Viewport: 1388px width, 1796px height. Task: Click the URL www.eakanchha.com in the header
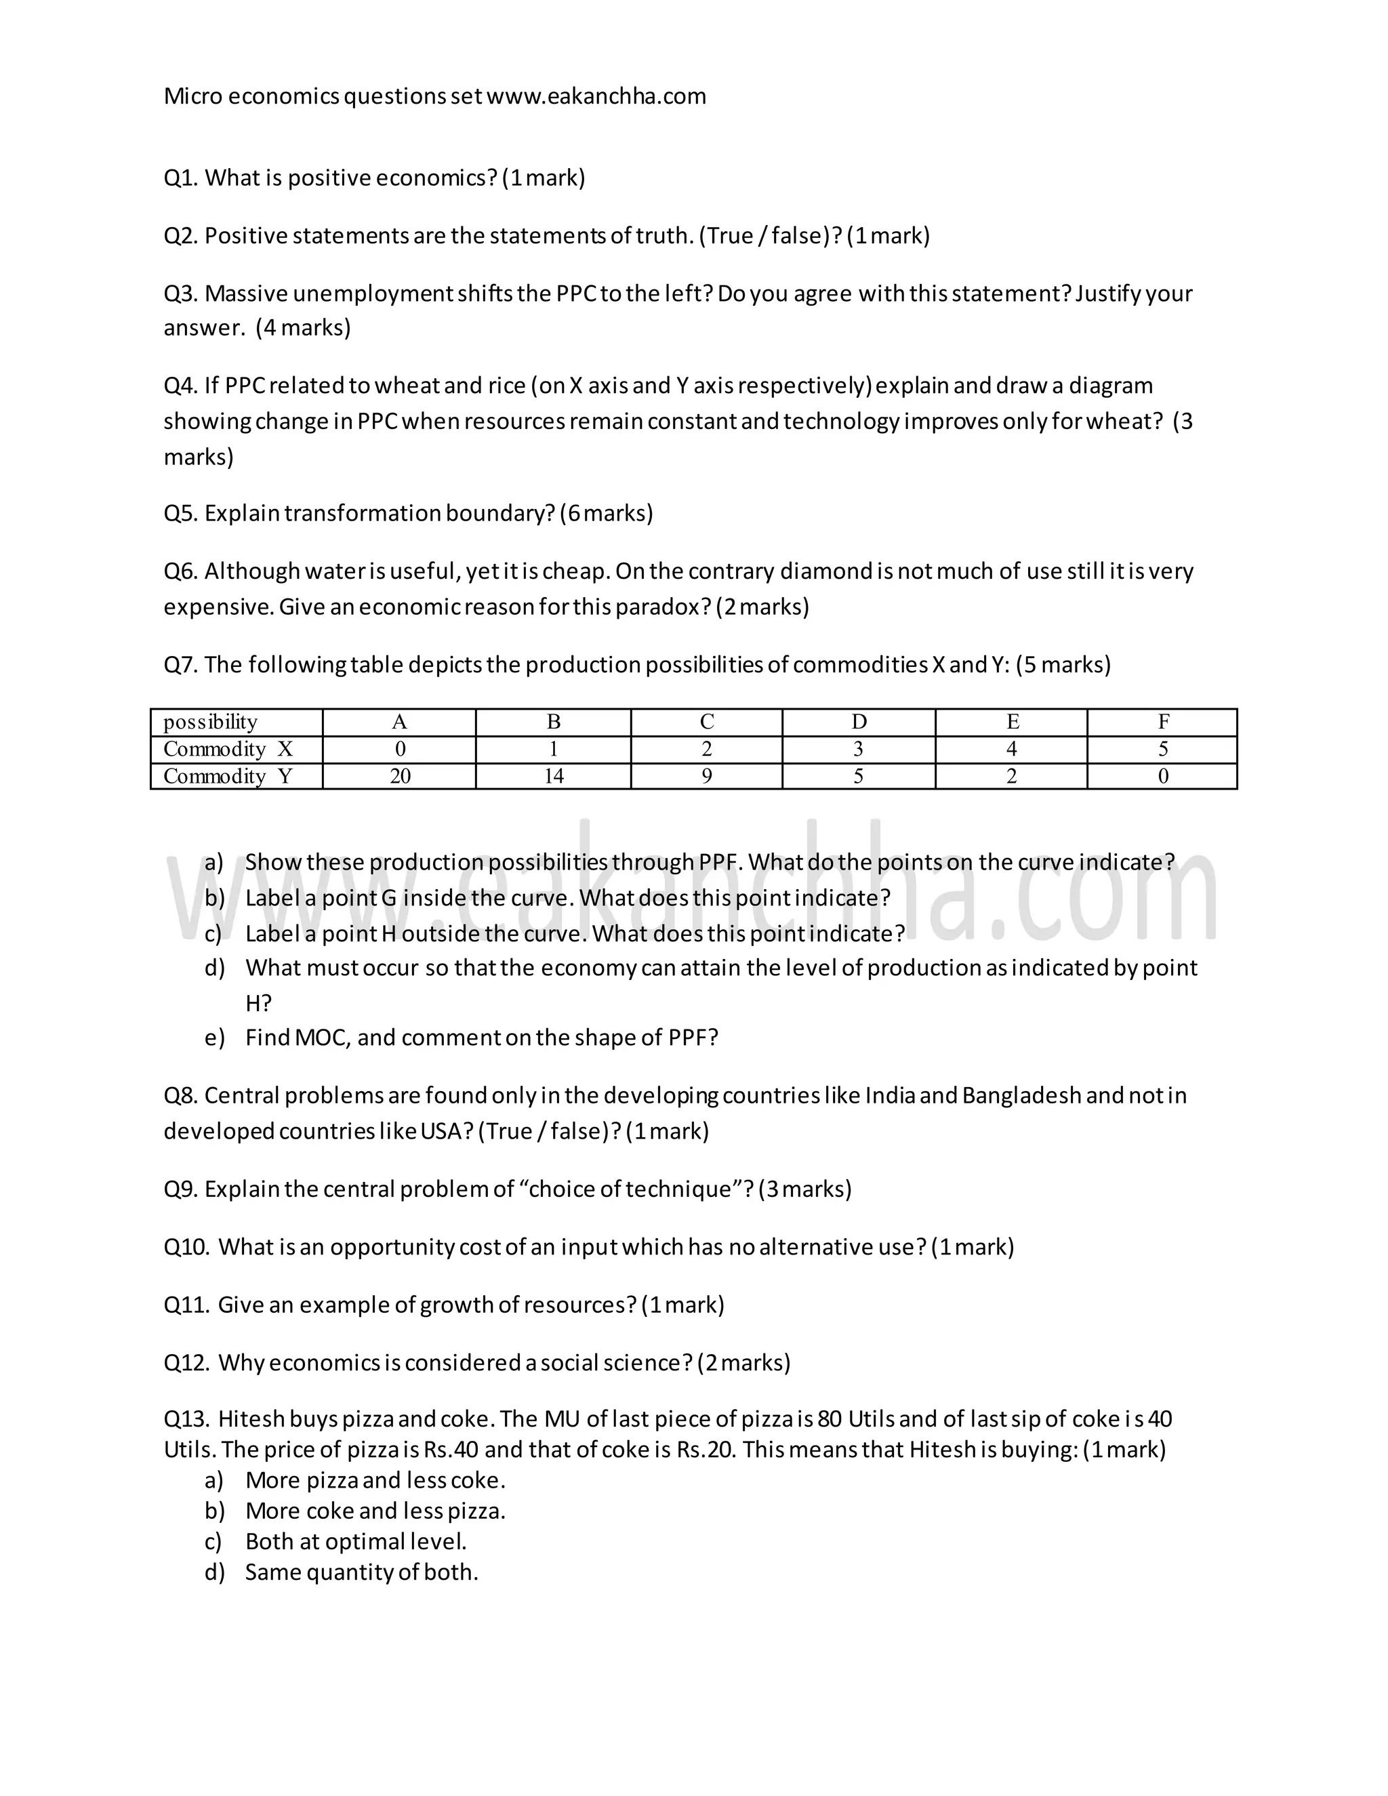coord(596,96)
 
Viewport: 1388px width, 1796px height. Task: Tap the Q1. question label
coord(181,178)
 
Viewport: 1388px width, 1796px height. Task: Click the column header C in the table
coord(706,722)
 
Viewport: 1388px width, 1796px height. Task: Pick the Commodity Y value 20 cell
coord(400,776)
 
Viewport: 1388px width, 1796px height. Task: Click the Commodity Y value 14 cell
coord(554,776)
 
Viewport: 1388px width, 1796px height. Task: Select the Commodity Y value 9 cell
coord(706,776)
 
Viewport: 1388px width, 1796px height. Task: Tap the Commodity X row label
coord(228,749)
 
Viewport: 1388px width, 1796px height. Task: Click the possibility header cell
coord(211,722)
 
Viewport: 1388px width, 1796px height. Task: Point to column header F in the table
coord(1163,722)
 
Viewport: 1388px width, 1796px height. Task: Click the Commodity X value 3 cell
coord(859,749)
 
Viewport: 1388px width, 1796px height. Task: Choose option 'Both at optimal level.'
coord(356,1541)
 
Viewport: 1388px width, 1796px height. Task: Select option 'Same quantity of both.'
coord(361,1572)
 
